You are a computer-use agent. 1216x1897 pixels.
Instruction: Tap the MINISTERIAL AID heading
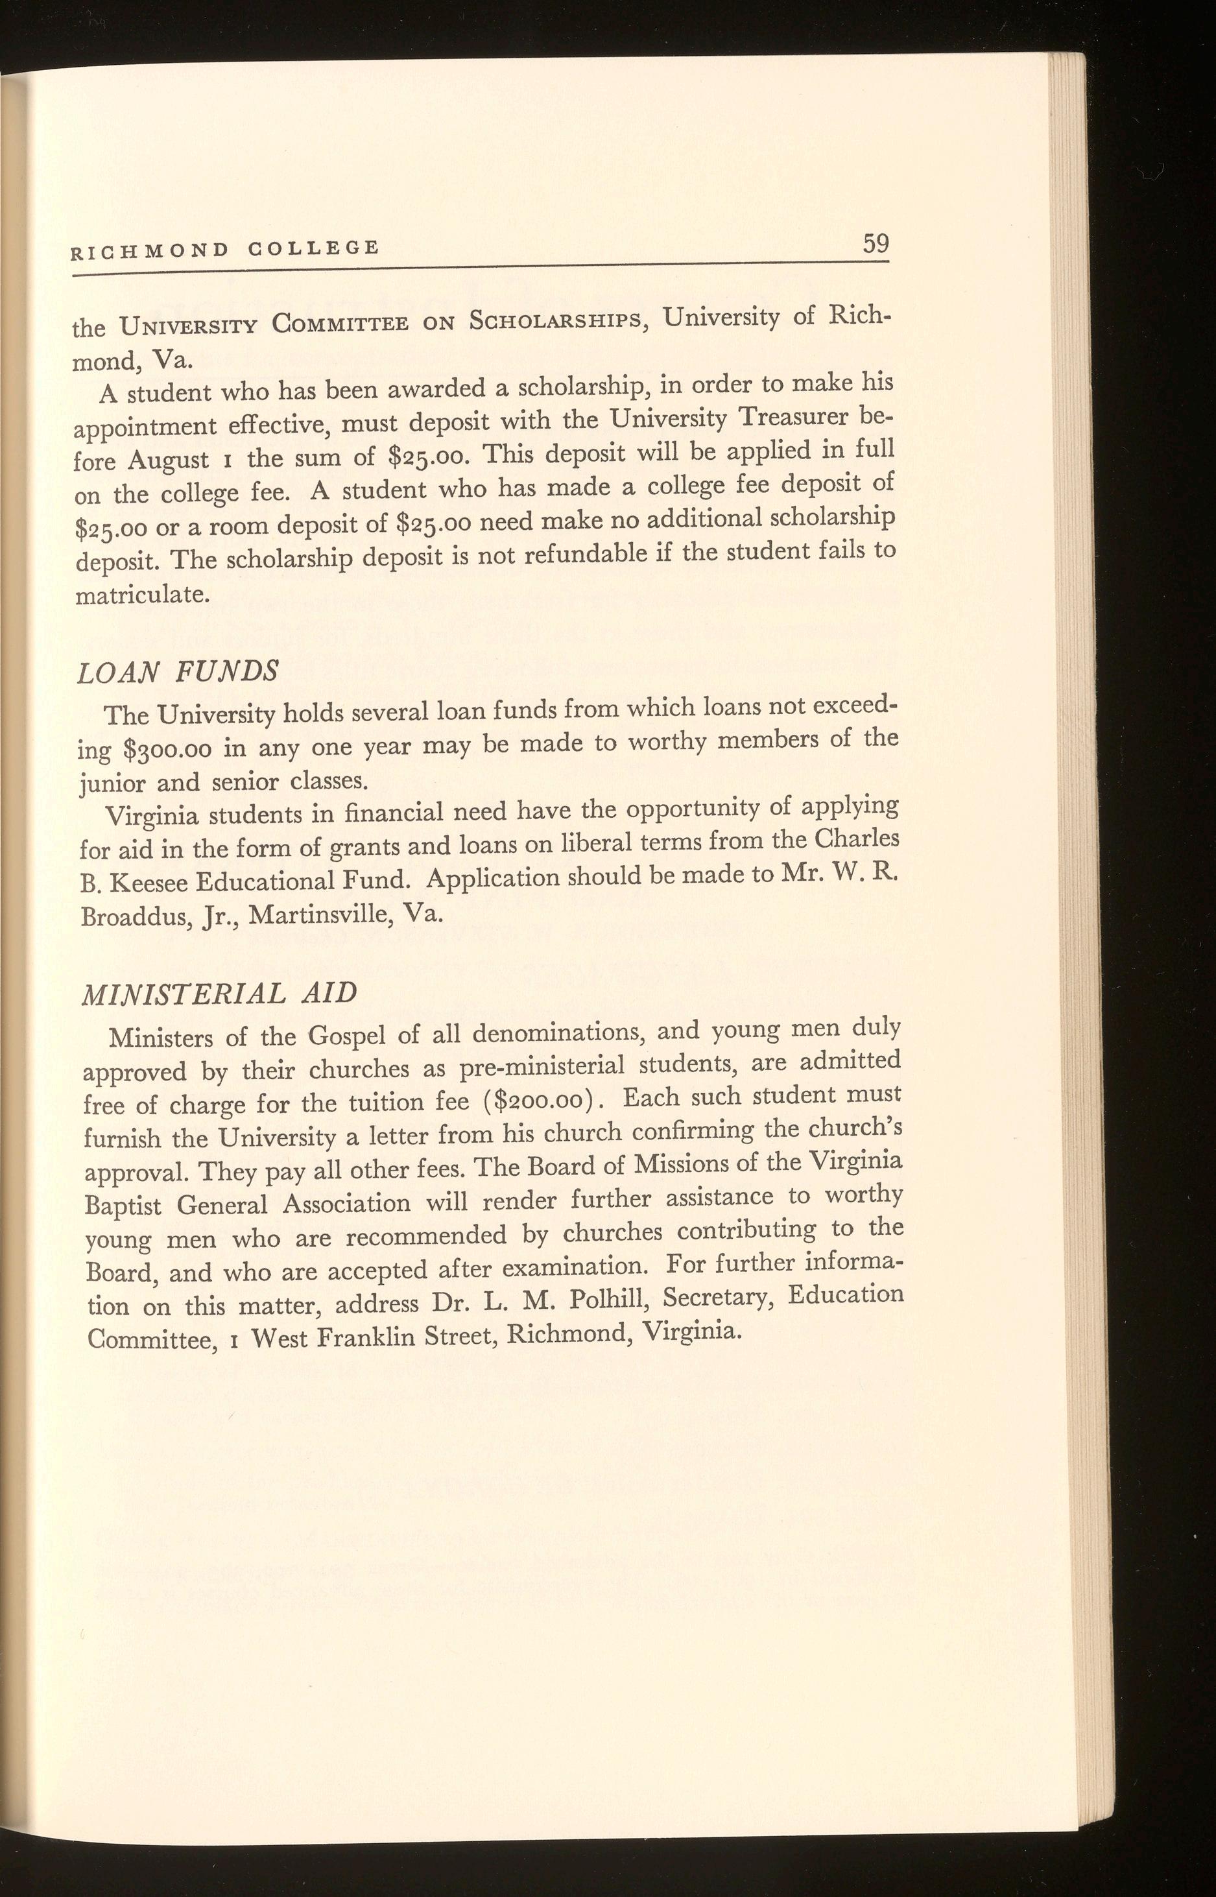(x=219, y=992)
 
